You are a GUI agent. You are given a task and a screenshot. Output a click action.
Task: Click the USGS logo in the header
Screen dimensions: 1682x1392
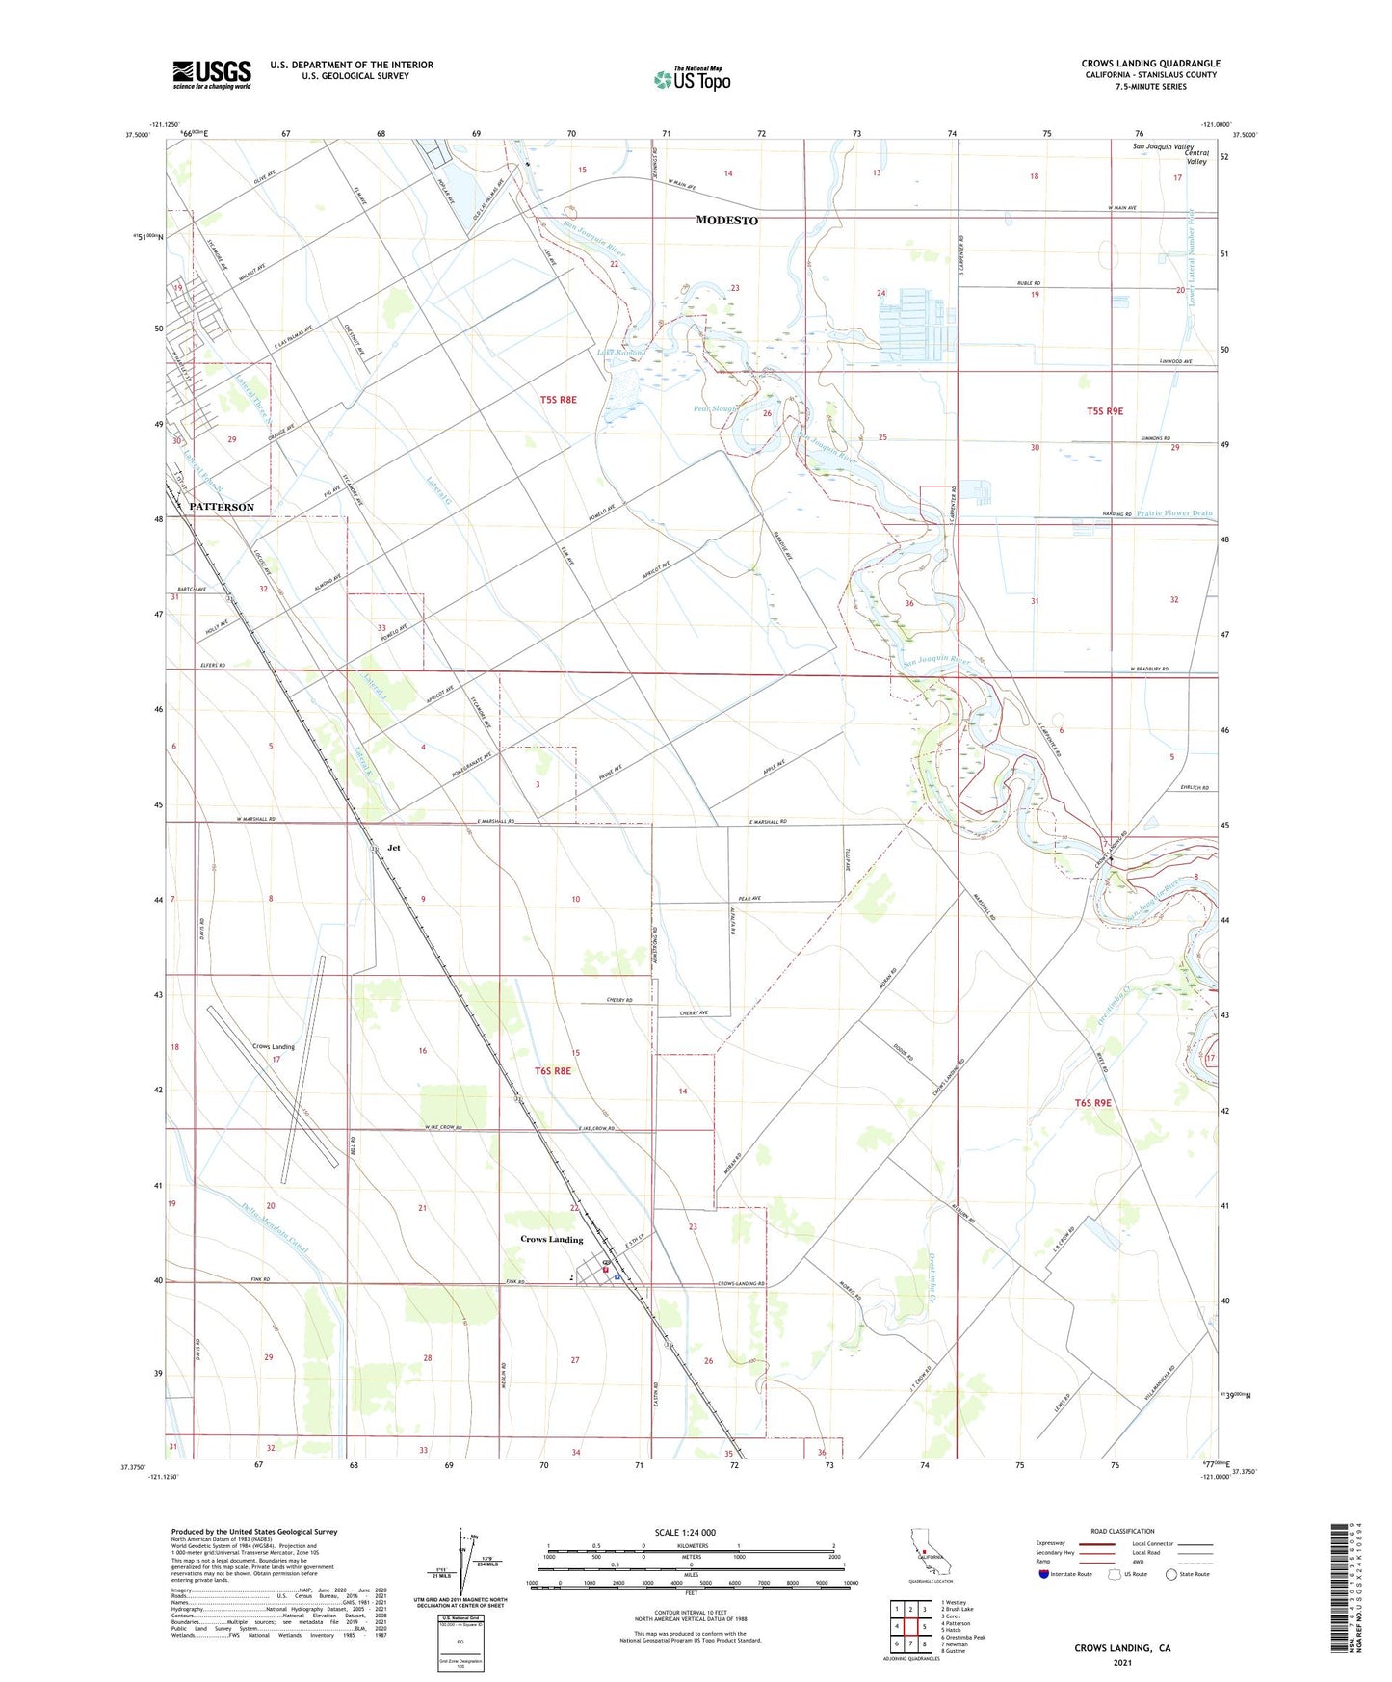(212, 74)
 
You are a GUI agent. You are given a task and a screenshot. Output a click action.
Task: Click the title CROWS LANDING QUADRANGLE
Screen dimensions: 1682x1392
(1150, 64)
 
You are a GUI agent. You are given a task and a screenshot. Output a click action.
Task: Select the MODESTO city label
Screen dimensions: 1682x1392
(726, 221)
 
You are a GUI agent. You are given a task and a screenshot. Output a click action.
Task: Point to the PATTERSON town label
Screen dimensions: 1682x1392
(222, 507)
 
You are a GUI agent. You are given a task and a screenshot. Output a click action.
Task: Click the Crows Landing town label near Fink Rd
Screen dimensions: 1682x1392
(551, 1239)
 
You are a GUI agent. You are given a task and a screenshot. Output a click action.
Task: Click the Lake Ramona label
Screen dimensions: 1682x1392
(621, 353)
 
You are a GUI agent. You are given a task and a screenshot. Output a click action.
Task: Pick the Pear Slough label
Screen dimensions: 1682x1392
(715, 408)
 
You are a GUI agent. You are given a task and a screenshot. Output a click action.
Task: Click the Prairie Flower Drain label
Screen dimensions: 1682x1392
(1174, 513)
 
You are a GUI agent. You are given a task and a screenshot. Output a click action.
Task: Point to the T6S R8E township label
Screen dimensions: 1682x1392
(553, 1070)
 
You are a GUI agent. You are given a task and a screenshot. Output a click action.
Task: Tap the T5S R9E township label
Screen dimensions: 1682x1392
(1105, 411)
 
